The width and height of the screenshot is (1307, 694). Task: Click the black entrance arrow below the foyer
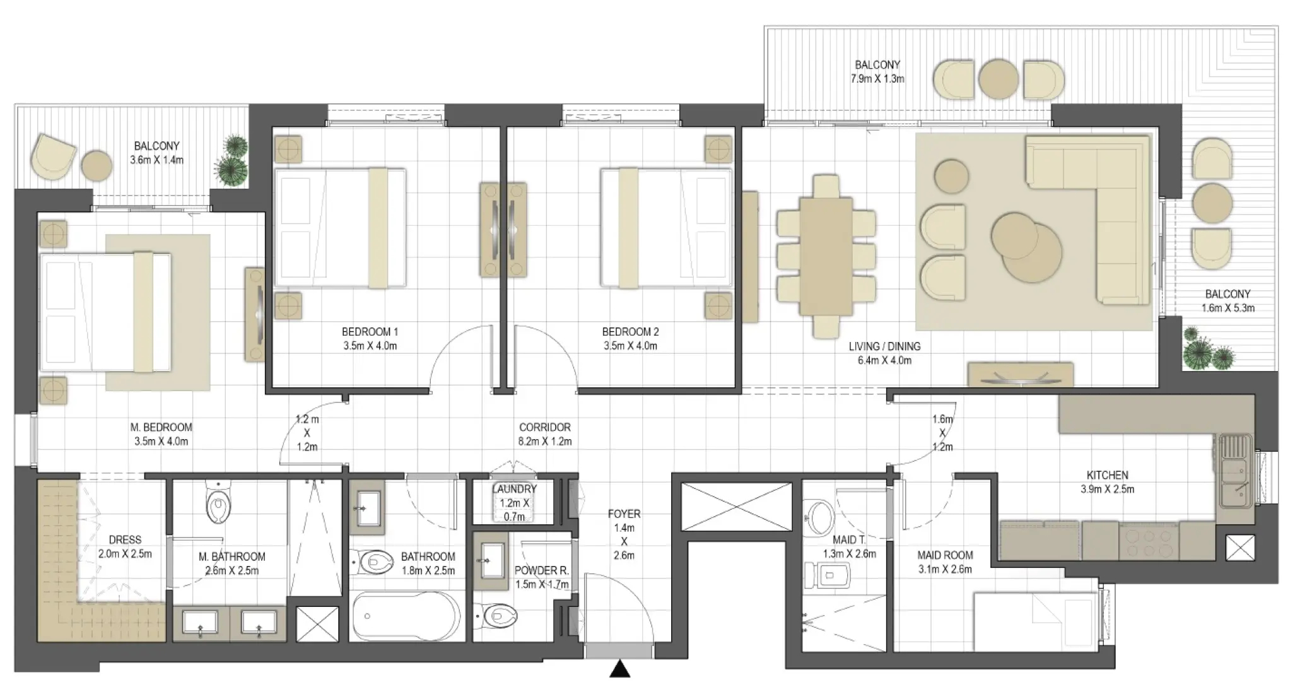(620, 669)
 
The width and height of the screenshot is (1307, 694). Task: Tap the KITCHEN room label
(1107, 475)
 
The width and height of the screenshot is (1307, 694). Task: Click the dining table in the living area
(826, 256)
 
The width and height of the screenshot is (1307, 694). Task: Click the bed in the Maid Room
(1034, 621)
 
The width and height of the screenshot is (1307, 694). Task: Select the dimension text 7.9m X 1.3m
(877, 79)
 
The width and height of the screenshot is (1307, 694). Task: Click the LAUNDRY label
(514, 489)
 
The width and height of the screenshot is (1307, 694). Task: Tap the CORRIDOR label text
(544, 427)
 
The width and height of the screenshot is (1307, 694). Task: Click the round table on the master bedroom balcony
(97, 165)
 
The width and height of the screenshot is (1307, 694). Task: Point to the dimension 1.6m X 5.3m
(1227, 308)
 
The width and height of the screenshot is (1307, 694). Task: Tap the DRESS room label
(125, 539)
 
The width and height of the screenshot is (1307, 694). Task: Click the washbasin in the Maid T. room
(820, 517)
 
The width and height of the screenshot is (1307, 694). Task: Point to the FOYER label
(624, 514)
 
